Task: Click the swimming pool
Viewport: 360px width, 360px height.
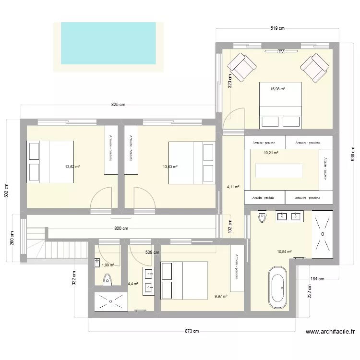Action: click(x=108, y=43)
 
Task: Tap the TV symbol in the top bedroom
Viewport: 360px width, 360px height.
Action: click(x=281, y=51)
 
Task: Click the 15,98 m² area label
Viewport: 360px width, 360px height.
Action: click(x=277, y=89)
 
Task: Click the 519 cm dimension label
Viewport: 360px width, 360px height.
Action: click(x=277, y=28)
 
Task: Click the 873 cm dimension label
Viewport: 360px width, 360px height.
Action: click(x=192, y=331)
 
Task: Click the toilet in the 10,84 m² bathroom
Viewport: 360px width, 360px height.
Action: click(x=262, y=217)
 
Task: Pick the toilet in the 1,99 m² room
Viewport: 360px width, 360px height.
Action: click(x=107, y=279)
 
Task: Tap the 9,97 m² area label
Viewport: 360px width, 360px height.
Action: click(x=221, y=296)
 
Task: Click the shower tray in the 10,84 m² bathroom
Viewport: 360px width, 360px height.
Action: click(x=323, y=234)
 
